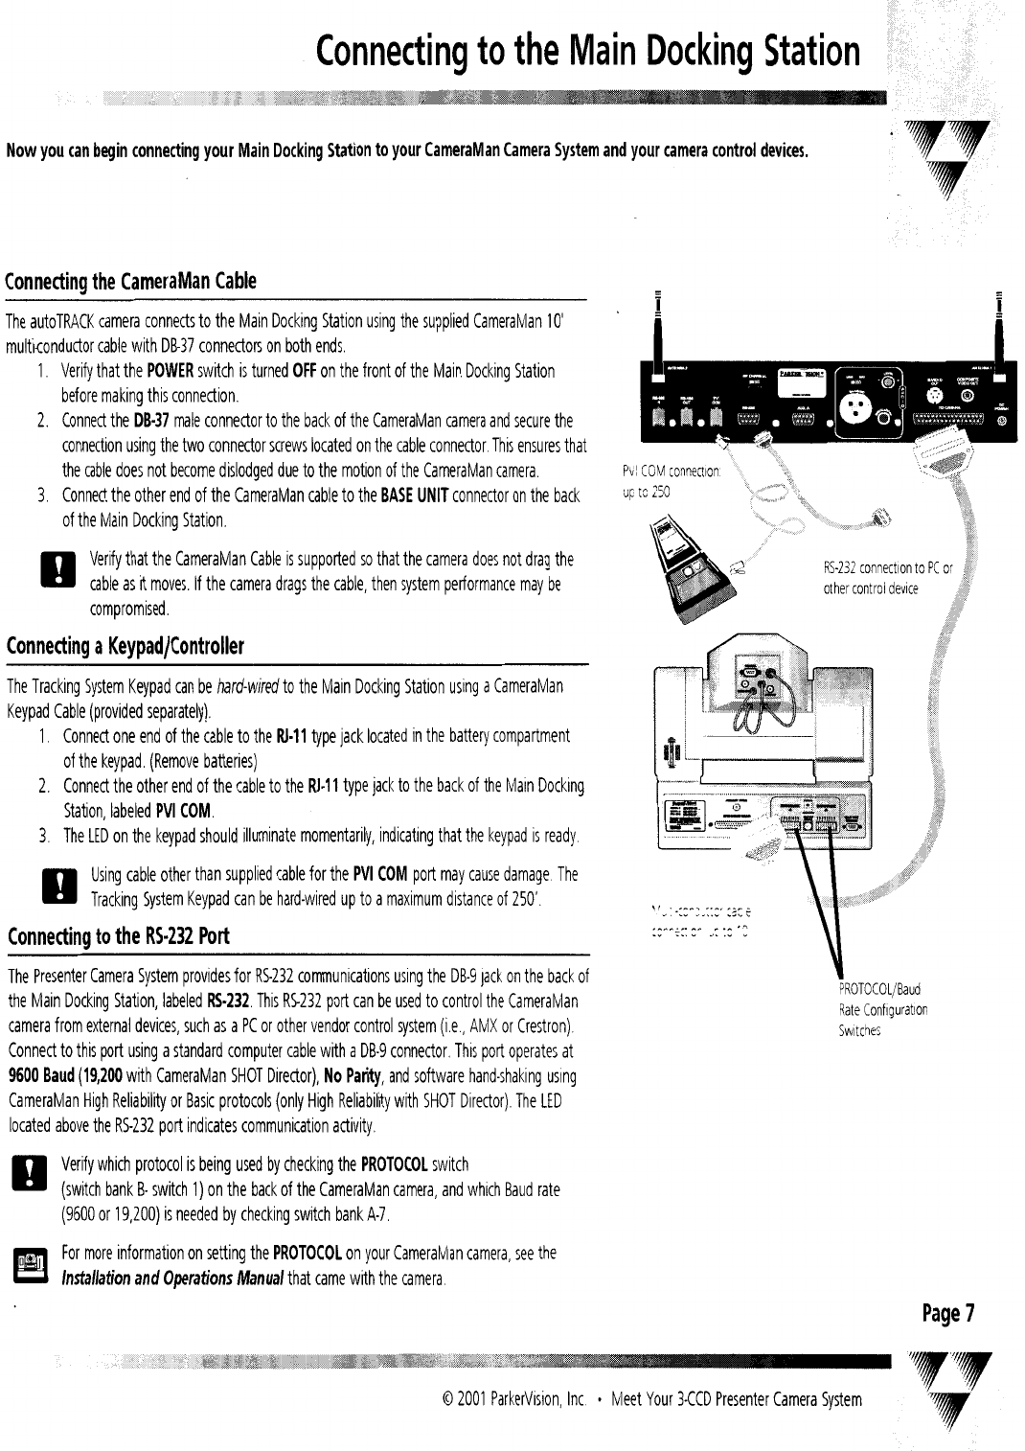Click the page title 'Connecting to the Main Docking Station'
(x=588, y=51)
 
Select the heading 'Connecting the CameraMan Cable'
(x=131, y=282)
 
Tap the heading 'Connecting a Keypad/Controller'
(x=125, y=647)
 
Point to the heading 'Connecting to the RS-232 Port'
(x=118, y=936)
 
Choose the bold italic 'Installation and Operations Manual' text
(x=172, y=1279)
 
